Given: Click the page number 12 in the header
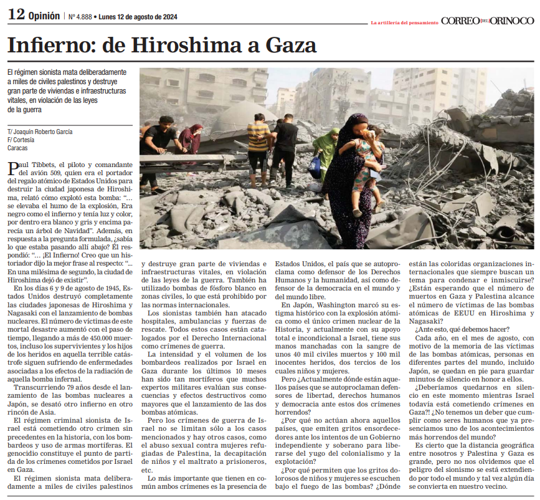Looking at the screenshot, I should [x=16, y=16].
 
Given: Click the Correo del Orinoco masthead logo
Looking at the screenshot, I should [x=487, y=21].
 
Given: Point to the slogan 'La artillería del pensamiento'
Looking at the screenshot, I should [x=404, y=22].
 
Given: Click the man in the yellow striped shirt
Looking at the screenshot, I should [x=258, y=147].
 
